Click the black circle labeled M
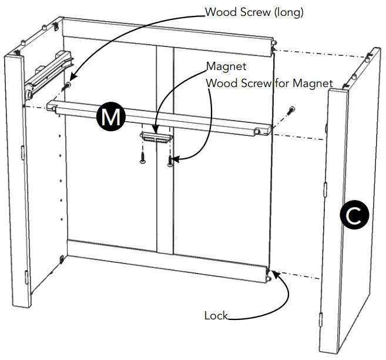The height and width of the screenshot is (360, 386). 110,117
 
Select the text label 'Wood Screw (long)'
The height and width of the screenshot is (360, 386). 254,12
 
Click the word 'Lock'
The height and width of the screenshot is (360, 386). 215,316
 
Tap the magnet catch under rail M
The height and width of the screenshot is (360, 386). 155,136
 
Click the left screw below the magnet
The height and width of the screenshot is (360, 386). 142,156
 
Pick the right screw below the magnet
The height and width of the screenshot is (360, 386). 169,159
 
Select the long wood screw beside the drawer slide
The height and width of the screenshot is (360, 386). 68,86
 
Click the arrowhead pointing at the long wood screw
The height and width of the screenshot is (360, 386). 72,78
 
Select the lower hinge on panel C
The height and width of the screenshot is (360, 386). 321,318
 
